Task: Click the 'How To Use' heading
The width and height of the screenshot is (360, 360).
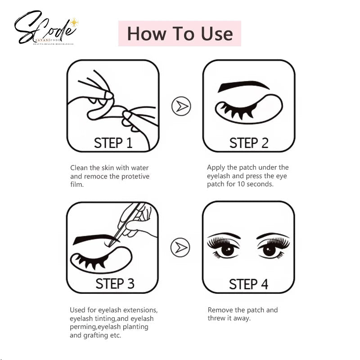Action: [180, 34]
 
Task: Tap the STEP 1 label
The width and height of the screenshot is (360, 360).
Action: [113, 143]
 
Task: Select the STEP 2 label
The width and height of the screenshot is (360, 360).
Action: [249, 143]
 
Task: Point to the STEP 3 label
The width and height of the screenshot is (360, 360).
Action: [115, 283]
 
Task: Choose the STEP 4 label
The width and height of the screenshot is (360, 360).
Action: [248, 284]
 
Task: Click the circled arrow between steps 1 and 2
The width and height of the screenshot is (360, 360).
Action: [181, 106]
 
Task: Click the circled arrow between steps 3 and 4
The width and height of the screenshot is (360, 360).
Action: [180, 247]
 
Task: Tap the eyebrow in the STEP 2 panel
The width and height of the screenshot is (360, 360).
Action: [243, 85]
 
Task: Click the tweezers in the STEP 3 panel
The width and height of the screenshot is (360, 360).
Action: [126, 223]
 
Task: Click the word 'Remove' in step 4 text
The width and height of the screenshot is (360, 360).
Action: [220, 310]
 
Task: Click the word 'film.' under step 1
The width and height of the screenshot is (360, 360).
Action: [77, 184]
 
